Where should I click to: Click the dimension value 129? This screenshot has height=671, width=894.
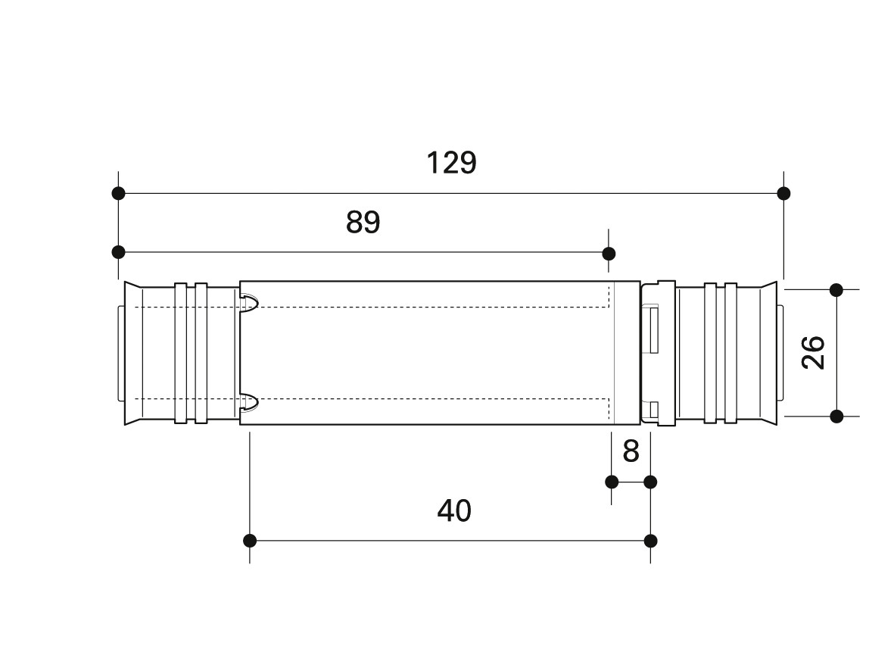pos(451,163)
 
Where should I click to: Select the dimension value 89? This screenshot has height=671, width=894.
pos(363,222)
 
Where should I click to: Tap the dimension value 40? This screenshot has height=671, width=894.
pos(454,510)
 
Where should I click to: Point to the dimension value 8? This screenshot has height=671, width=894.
pos(631,451)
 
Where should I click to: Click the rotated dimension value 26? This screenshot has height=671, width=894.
pos(813,353)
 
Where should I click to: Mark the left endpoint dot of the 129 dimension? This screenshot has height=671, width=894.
pos(118,193)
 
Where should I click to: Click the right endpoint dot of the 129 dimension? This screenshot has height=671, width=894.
pos(783,193)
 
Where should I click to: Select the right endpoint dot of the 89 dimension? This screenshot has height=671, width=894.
pos(609,254)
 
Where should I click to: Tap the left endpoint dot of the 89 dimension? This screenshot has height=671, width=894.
pos(118,251)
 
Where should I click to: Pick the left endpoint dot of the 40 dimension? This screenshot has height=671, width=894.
pos(250,540)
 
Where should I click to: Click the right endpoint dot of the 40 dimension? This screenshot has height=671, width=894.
pos(650,540)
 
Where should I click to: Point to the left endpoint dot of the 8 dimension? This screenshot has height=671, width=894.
pos(612,482)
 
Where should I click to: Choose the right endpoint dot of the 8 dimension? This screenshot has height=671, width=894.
pos(650,482)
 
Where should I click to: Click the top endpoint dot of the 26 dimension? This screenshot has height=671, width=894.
pos(836,290)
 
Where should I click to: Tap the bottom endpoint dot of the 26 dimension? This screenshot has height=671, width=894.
pos(836,417)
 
